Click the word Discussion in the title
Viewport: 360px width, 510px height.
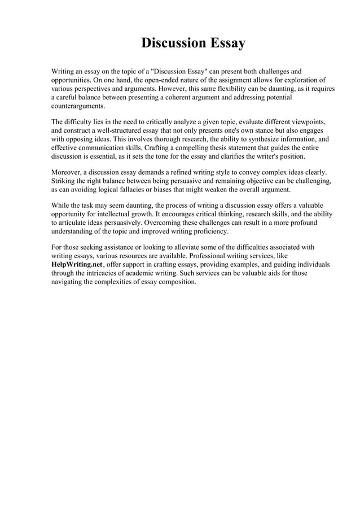pyautogui.click(x=172, y=43)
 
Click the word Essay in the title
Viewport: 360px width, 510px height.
pyautogui.click(x=227, y=43)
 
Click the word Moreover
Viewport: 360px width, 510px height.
pyautogui.click(x=69, y=171)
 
